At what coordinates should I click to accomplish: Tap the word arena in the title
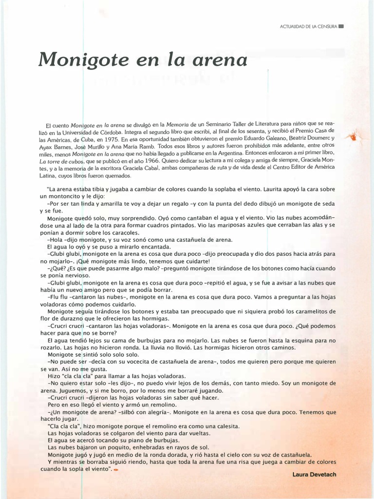click(221, 60)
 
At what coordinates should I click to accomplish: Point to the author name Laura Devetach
click(314, 474)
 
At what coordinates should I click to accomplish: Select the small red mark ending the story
click(116, 469)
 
